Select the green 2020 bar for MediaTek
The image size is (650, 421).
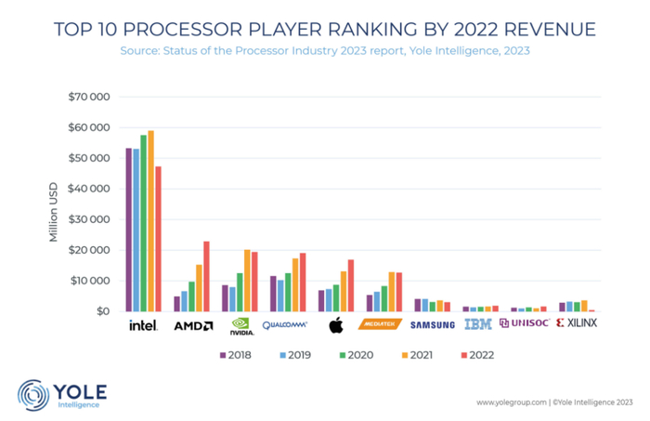click(x=383, y=298)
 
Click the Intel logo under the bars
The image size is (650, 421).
click(x=143, y=325)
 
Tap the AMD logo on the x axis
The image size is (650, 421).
click(x=193, y=325)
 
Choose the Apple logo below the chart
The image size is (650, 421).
click(x=336, y=325)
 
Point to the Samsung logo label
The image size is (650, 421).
click(x=434, y=324)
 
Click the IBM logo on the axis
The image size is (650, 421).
click(x=477, y=324)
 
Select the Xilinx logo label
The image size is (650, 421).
click(x=577, y=323)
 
